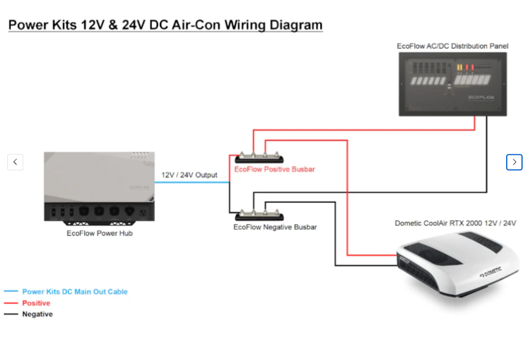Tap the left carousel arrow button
pos(15,162)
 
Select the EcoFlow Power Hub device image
pos(100,186)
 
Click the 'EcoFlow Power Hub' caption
pos(100,233)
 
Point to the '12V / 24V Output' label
pos(189,175)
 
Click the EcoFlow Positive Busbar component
pos(260,158)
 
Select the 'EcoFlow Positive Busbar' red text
pos(274,170)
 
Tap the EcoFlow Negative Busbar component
pos(260,216)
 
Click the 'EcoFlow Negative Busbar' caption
pos(275,227)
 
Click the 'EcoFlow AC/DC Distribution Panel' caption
pos(452,46)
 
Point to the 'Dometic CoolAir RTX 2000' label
pos(455,223)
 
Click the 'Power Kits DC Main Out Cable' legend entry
pos(75,292)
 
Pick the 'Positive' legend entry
pos(36,303)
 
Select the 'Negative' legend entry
pos(37,314)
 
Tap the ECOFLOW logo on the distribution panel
pos(481,97)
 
